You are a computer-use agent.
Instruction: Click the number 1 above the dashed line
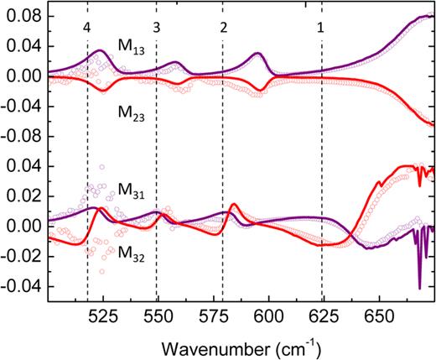(321, 27)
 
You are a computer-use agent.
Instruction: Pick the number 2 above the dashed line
(222, 27)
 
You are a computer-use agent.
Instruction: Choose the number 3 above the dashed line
(156, 27)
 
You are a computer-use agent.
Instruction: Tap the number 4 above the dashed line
(87, 27)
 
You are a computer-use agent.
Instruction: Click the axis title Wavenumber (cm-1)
(241, 345)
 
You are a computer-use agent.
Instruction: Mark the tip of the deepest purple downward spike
(419, 289)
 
